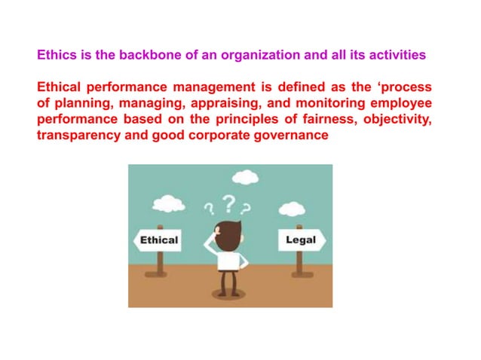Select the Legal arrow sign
tap(301, 241)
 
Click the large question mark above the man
tap(228, 203)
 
